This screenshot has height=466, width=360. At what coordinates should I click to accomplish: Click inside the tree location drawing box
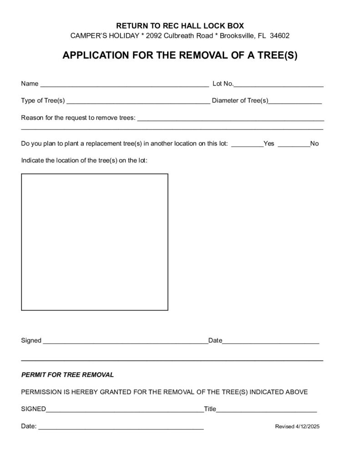click(95, 242)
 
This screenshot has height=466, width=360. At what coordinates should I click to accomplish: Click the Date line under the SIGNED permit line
click(121, 428)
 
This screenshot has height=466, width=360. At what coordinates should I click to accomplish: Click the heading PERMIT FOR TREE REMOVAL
click(67, 375)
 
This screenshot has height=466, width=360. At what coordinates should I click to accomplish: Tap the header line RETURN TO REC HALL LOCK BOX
click(180, 25)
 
